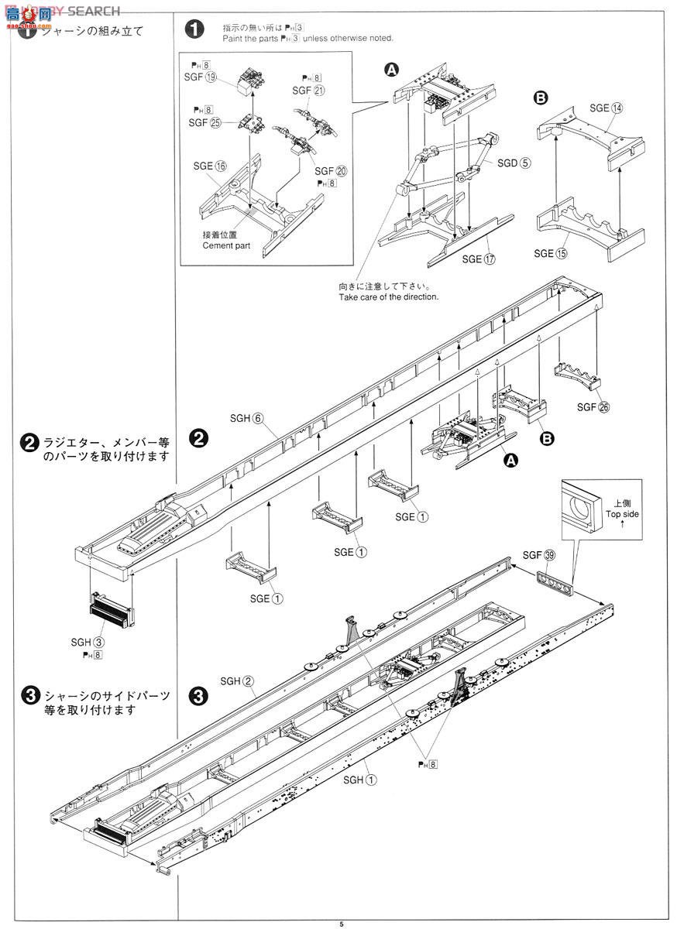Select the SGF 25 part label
204,122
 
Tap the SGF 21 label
308,91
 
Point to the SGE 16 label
210,166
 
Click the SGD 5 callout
514,163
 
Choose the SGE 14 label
606,108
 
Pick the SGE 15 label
550,253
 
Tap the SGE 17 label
479,259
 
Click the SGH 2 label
237,681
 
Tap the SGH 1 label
360,780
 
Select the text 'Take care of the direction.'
388,297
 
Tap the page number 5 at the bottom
340,923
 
